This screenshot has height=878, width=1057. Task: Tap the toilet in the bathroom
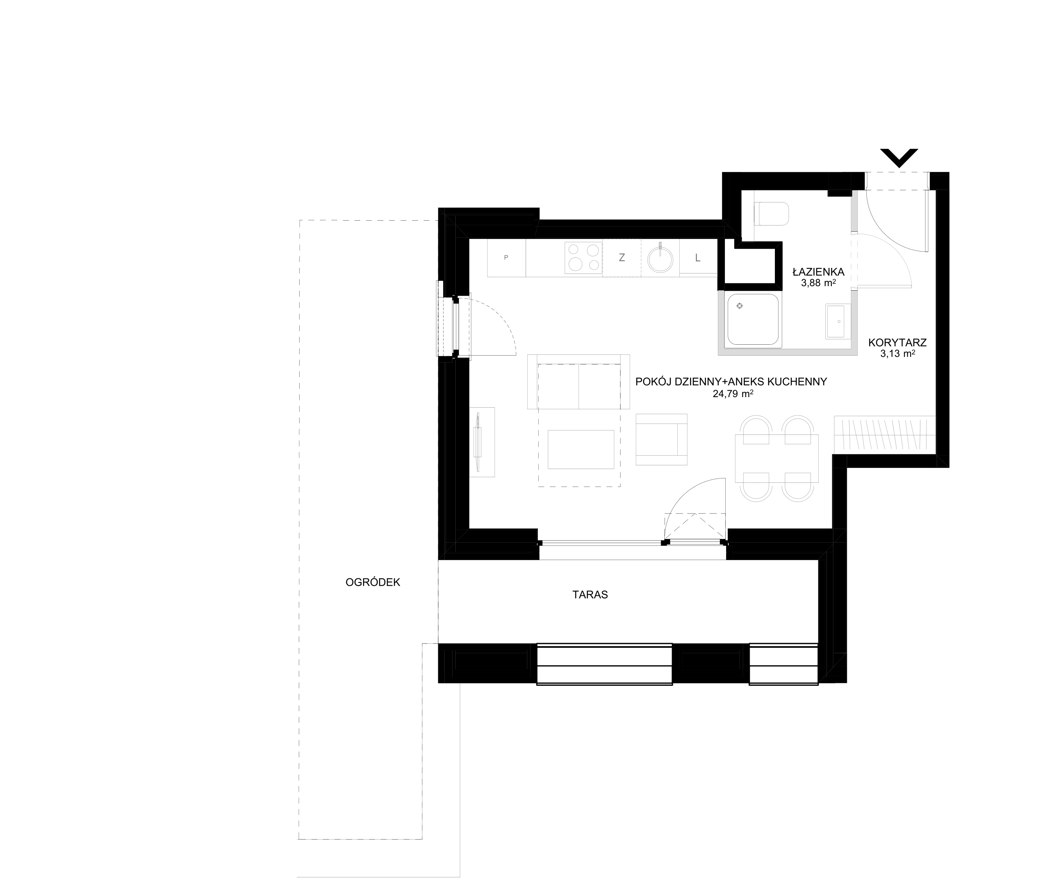coord(771,214)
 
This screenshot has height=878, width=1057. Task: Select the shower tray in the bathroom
coord(753,319)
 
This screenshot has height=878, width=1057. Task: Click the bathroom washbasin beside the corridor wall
coord(838,321)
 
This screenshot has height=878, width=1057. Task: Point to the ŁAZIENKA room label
coord(818,272)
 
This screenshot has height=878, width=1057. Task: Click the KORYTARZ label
coord(898,343)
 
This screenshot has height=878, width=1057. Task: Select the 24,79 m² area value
coord(733,393)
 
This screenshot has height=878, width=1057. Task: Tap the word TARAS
coord(590,595)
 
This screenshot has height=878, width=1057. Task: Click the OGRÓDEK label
coord(372,582)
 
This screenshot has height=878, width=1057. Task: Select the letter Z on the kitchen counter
coord(622,258)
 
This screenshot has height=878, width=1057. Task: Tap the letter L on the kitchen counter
coord(698,258)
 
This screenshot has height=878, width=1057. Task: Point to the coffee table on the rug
coord(581,449)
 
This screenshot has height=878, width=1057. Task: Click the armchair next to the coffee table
coord(661,439)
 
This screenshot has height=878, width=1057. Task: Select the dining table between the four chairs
coord(776,459)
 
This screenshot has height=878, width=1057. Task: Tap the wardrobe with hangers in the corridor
coord(884,434)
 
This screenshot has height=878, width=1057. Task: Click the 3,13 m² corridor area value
coord(898,354)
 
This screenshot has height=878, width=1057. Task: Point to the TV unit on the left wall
coord(482,442)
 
